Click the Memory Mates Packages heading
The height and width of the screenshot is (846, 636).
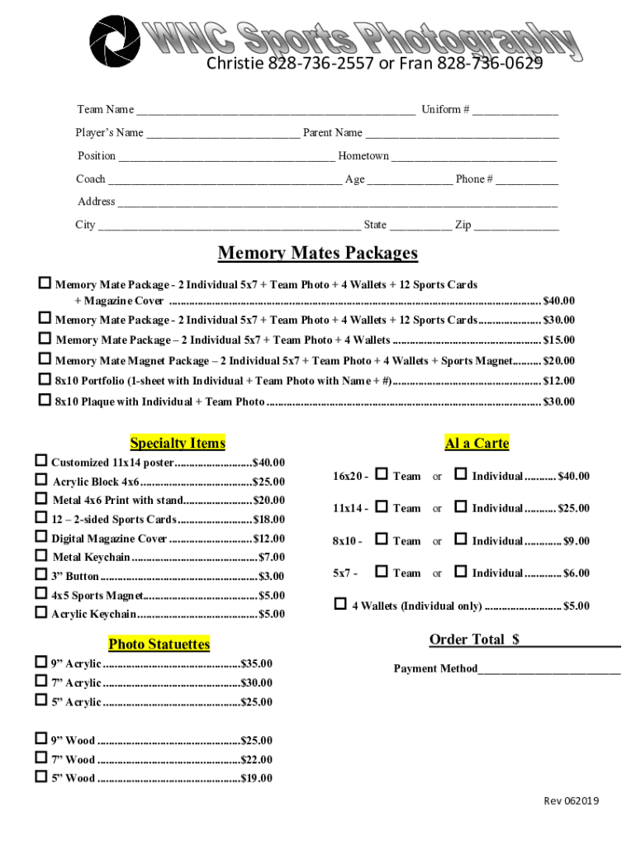(317, 253)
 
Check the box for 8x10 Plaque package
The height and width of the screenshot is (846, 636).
(45, 401)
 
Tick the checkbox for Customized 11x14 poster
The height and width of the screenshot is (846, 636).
(40, 461)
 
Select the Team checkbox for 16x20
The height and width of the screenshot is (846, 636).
(381, 475)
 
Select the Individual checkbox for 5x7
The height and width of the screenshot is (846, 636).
(461, 572)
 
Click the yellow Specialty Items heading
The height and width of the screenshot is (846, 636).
(178, 444)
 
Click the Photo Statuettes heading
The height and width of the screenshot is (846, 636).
(159, 644)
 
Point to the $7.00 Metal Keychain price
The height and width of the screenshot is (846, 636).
(271, 558)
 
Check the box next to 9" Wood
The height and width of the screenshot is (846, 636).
(40, 739)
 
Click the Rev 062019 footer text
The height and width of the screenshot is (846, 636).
(571, 801)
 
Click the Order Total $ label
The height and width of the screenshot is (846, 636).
(474, 639)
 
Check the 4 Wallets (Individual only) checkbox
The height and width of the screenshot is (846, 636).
(339, 605)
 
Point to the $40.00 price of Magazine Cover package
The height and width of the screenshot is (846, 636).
(558, 301)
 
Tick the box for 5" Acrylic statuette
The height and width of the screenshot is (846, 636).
(40, 701)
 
